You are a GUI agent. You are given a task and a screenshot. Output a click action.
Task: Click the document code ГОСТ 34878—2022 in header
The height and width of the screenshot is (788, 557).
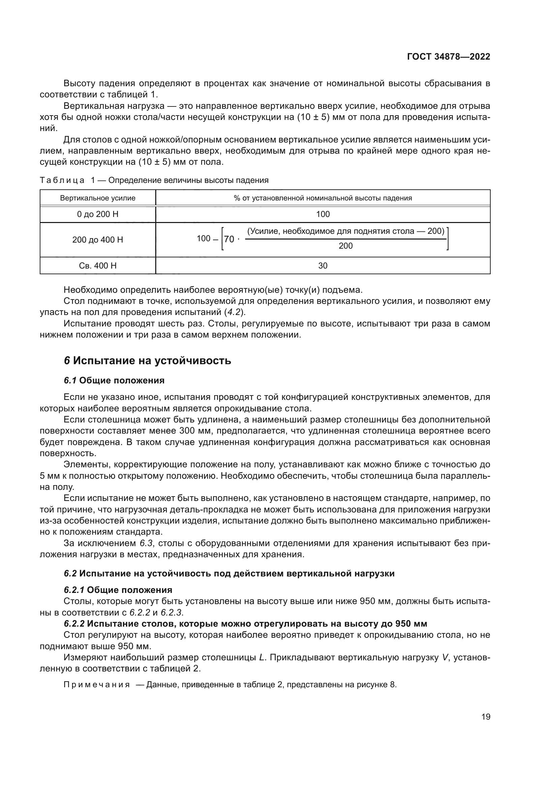[448, 57]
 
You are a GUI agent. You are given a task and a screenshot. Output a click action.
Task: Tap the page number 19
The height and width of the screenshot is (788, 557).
[486, 717]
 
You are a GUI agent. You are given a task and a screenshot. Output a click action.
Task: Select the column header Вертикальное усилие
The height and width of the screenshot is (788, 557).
[98, 198]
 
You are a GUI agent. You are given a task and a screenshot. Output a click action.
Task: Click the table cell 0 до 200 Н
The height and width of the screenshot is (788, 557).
[98, 214]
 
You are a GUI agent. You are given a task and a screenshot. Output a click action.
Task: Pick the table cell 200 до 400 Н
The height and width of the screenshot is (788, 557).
[98, 240]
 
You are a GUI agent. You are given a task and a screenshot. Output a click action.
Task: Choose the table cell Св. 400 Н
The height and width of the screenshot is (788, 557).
[98, 265]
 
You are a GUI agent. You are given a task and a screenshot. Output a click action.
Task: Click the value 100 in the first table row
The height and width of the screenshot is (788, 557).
[323, 214]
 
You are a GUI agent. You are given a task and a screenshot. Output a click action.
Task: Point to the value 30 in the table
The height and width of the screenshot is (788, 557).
[323, 265]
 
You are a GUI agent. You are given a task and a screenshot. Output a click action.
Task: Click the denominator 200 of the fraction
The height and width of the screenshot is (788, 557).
[346, 246]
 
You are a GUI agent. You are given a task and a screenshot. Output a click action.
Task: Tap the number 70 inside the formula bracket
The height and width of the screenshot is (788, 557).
[229, 239]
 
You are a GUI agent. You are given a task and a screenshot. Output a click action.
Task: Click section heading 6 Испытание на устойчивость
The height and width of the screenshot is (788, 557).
[148, 361]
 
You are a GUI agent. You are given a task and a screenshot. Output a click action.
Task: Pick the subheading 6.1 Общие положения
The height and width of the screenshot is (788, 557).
[114, 381]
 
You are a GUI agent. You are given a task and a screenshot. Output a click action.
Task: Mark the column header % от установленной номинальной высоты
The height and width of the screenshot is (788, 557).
[323, 198]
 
